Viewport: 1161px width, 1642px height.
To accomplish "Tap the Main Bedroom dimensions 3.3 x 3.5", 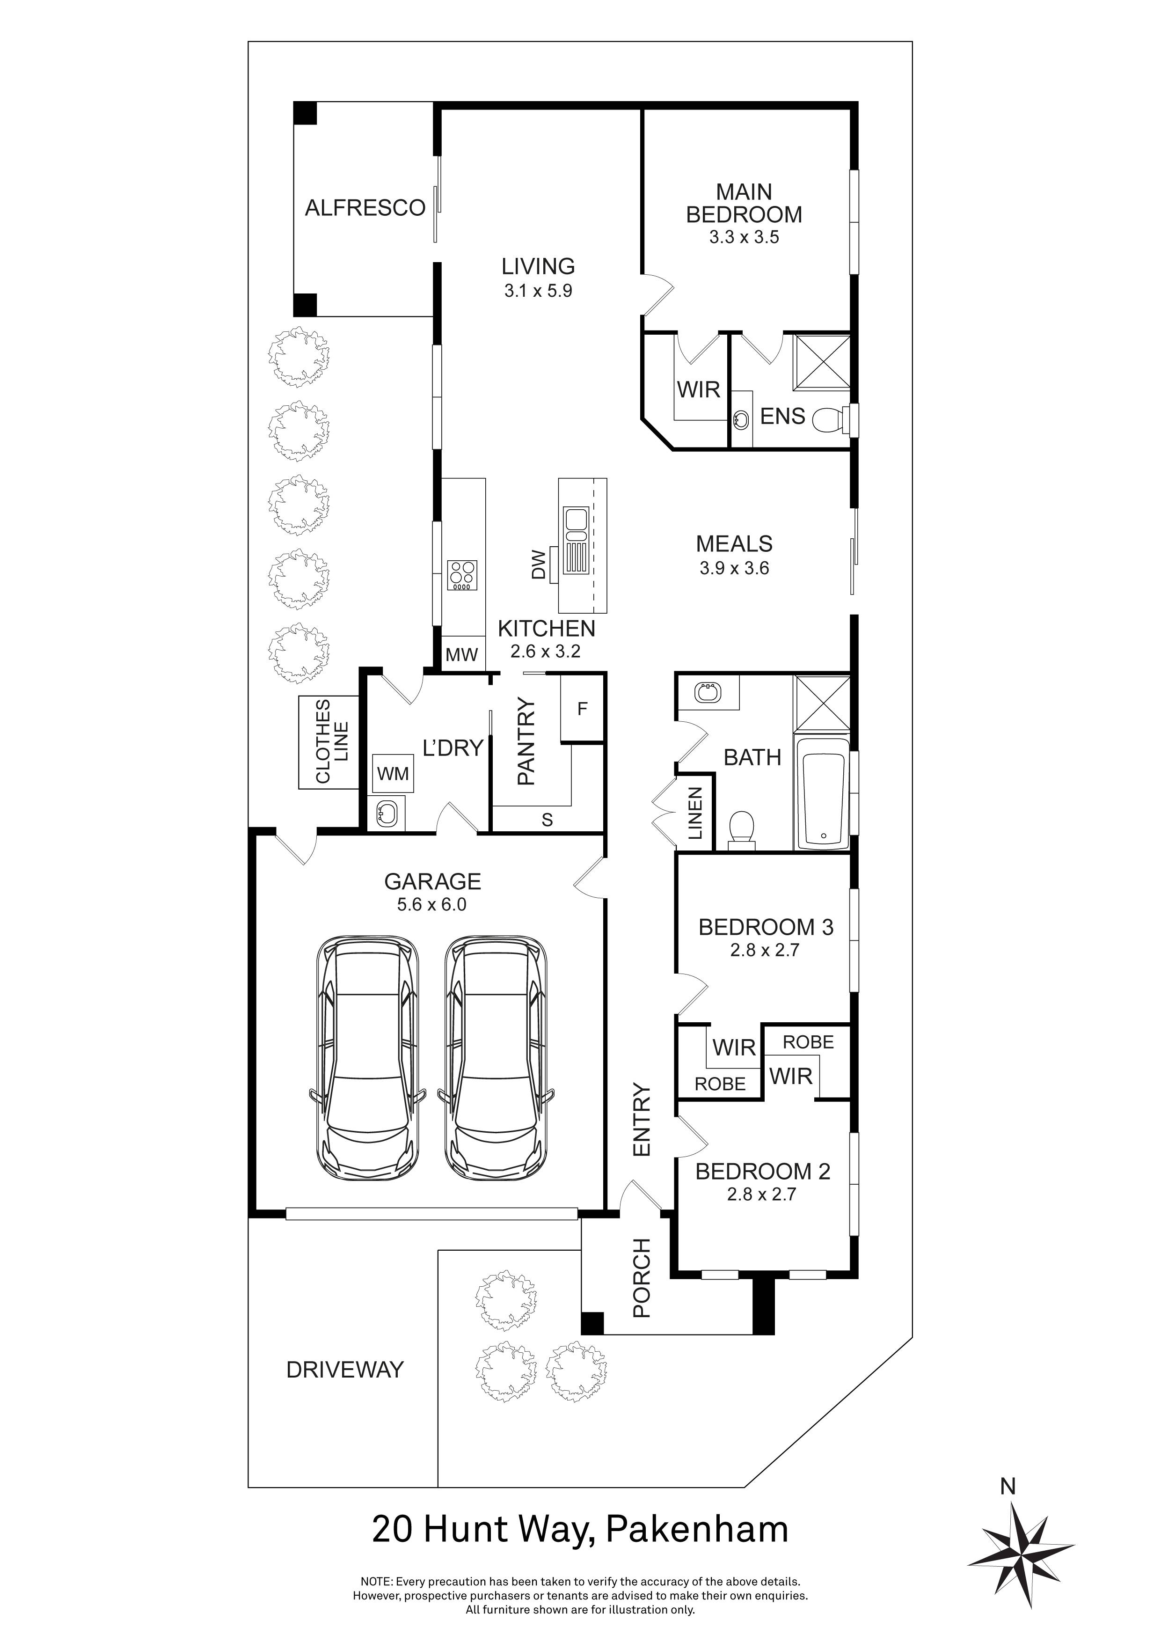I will pyautogui.click(x=744, y=237).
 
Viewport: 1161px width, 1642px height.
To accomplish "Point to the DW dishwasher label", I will pyautogui.click(x=539, y=564).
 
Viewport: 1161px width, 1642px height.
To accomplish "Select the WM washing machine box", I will pyautogui.click(x=393, y=773).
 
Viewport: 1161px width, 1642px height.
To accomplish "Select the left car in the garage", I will pyautogui.click(x=367, y=1058).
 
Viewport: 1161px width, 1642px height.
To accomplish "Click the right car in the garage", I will pyautogui.click(x=496, y=1058).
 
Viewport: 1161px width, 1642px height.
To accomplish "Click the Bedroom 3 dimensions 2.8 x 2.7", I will pyautogui.click(x=764, y=951).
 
